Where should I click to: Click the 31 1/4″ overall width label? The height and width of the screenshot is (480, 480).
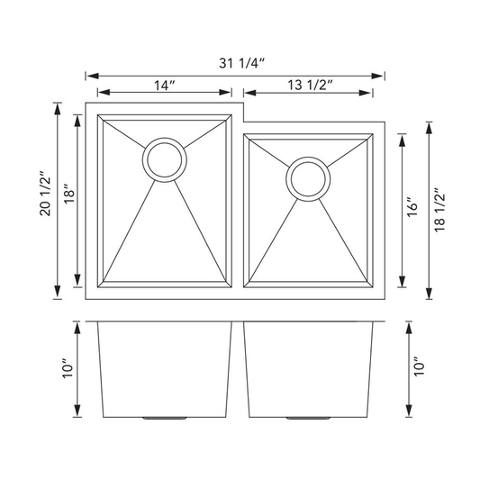[241, 63]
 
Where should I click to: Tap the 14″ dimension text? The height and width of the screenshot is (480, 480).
[165, 86]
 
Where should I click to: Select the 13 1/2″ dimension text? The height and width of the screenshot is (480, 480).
[310, 85]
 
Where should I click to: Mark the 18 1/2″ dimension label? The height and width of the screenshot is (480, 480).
[439, 210]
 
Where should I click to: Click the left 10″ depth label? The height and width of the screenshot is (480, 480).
[68, 367]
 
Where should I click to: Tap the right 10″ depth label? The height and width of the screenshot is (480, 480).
[420, 367]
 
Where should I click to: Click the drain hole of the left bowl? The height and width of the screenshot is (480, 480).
[165, 159]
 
